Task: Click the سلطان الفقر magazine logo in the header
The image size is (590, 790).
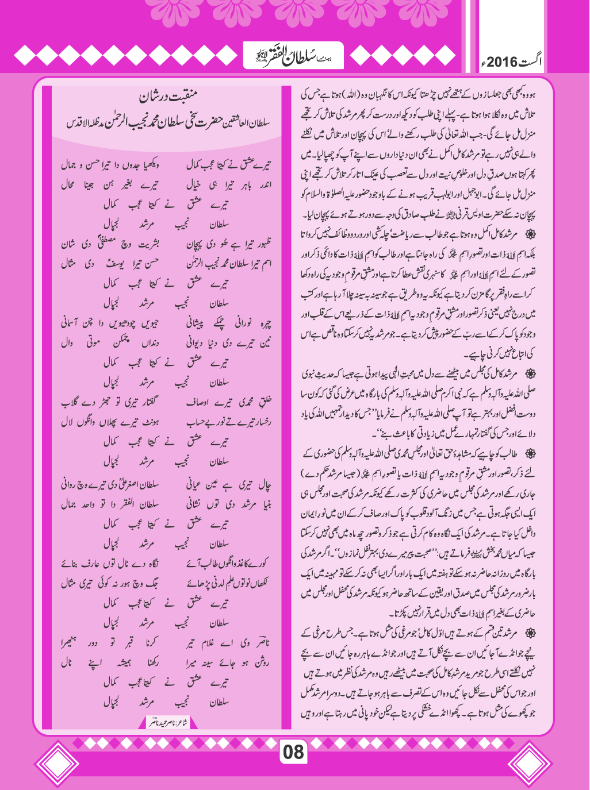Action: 294,56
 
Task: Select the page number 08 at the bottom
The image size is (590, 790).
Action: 293,752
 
